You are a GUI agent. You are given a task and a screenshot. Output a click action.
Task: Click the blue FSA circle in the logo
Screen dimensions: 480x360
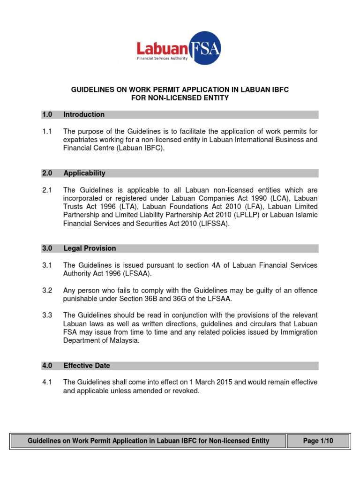207,47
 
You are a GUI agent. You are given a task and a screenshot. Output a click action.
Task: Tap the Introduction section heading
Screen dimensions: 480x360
84,114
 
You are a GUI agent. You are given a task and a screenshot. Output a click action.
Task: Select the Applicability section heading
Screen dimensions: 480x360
84,173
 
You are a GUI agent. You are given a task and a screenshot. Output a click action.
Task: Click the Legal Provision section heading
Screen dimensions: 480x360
90,248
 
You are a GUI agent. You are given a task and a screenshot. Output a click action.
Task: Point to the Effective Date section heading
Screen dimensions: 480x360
87,365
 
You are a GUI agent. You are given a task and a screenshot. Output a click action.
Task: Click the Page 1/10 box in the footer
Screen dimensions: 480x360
318,441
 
